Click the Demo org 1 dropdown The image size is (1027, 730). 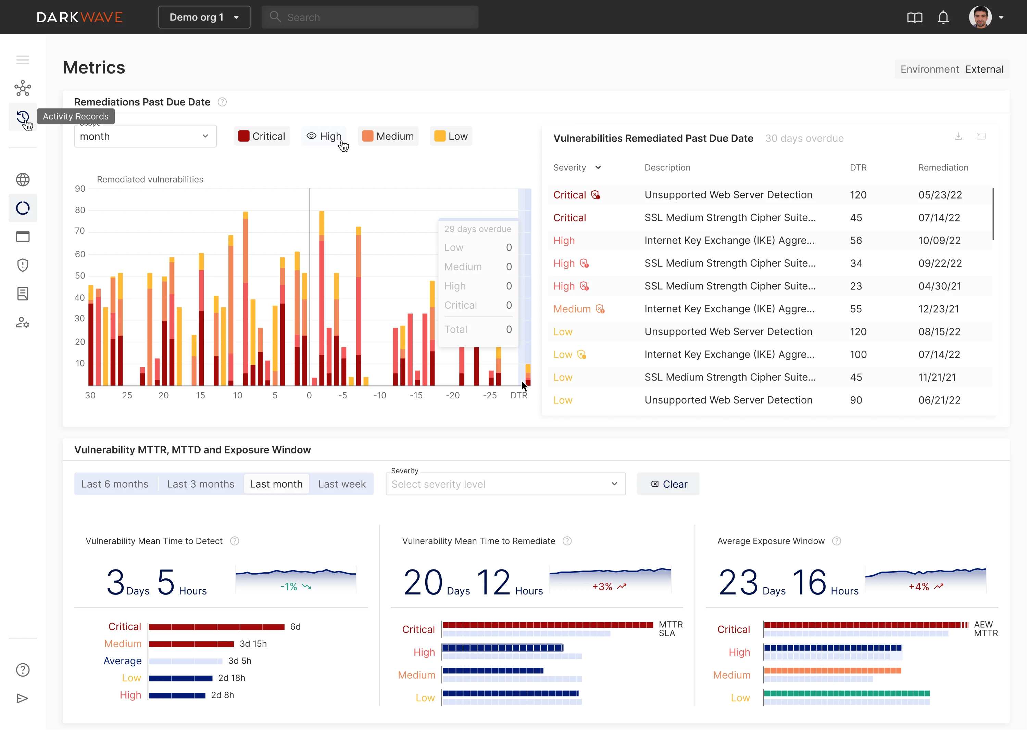tap(204, 17)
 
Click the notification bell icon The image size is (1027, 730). tap(943, 17)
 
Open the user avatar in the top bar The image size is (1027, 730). tap(980, 17)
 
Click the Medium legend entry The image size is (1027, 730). tap(388, 136)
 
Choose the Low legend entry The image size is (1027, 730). tap(451, 136)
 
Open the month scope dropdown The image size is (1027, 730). tap(145, 136)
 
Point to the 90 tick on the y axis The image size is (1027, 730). tap(80, 189)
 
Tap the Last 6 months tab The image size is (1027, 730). tap(115, 484)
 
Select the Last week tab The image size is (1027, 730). tap(342, 484)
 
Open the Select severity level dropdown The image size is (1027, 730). tap(505, 484)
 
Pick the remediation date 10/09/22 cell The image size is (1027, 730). tap(939, 241)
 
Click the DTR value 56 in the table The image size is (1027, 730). tap(856, 241)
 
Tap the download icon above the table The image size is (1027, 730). tap(958, 136)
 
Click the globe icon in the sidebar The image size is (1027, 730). tap(23, 180)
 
